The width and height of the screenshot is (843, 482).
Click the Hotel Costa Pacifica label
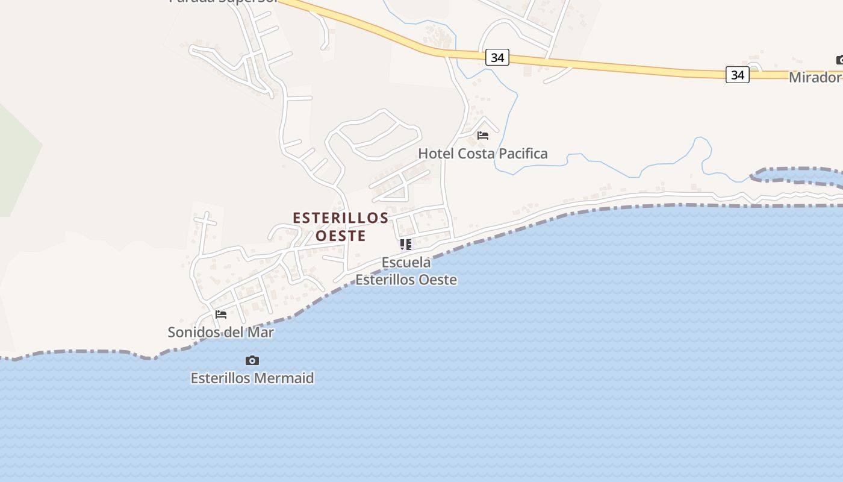pos(483,154)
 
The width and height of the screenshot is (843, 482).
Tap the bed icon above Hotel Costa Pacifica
pos(483,136)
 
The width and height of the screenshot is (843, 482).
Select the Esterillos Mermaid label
pos(252,378)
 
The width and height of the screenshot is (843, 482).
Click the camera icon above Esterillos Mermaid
pos(252,361)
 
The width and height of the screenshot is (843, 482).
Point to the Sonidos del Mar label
pos(220,332)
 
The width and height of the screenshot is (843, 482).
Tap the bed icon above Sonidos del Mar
pos(221,315)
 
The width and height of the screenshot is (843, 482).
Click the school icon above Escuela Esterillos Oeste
pos(406,245)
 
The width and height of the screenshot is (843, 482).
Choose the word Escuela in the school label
pos(406,263)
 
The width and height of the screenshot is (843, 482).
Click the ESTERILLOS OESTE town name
pos(341,227)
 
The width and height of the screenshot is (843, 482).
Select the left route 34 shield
pos(497,57)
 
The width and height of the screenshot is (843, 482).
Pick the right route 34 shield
pos(737,75)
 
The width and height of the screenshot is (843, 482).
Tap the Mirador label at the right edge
pos(815,77)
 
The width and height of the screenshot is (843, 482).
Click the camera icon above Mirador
pos(839,60)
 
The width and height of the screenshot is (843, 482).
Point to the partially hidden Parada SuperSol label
pos(223,2)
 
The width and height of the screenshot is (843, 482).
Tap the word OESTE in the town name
pos(341,236)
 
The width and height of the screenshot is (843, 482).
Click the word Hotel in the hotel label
pos(436,154)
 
